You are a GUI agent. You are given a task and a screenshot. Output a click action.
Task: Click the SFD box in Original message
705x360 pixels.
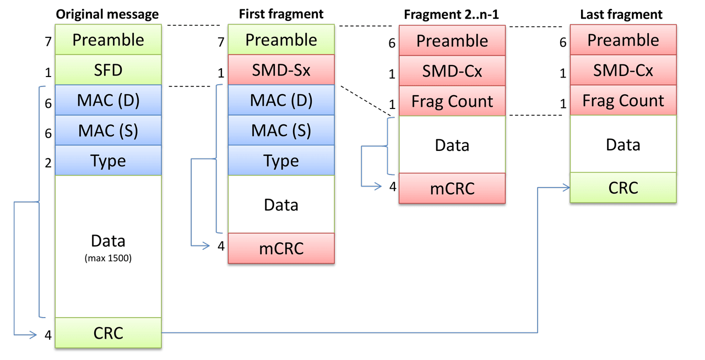pyautogui.click(x=108, y=70)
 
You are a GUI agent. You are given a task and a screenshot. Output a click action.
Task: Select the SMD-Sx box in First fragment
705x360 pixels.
pyautogui.click(x=281, y=70)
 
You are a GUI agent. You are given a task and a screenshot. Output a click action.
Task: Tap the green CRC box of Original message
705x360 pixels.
pyautogui.click(x=108, y=333)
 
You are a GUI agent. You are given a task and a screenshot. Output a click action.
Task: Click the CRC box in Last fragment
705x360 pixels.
pyautogui.click(x=623, y=188)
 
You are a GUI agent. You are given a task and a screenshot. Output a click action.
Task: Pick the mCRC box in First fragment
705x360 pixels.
pyautogui.click(x=281, y=248)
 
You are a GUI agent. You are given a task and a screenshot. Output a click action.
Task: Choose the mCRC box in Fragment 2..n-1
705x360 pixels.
pyautogui.click(x=452, y=188)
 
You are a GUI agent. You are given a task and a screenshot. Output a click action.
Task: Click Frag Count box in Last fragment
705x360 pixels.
pyautogui.click(x=623, y=101)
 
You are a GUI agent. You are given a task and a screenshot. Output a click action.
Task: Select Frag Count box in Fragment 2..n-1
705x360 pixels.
pyautogui.click(x=452, y=101)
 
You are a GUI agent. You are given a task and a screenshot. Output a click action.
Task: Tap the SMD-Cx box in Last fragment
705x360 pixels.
pyautogui.click(x=623, y=70)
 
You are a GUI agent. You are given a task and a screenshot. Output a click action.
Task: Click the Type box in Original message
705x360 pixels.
pyautogui.click(x=108, y=161)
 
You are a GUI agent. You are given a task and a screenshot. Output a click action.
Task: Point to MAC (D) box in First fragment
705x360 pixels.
pyautogui.click(x=281, y=100)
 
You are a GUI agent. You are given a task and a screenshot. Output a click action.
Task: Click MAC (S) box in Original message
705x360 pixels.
pyautogui.click(x=108, y=130)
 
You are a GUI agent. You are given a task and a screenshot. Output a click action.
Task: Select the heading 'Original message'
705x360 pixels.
pyautogui.click(x=107, y=14)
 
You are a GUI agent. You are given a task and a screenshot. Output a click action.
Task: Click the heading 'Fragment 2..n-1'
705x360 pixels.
pyautogui.click(x=452, y=14)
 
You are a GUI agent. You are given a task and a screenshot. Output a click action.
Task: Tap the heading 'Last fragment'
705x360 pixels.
pyautogui.click(x=621, y=14)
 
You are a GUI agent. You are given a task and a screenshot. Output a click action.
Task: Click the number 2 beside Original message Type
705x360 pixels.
pyautogui.click(x=48, y=162)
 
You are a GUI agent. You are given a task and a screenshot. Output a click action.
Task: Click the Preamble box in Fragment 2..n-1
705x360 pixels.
pyautogui.click(x=452, y=41)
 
